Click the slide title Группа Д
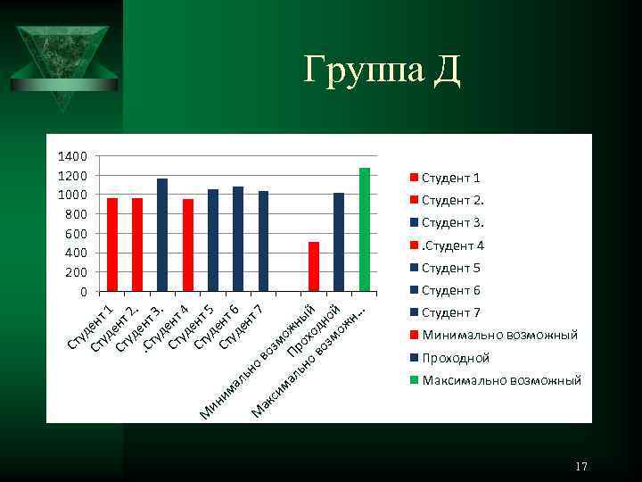382,70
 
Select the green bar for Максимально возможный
364,229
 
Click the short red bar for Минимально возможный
314,266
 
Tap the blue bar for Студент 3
162,235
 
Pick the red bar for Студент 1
112,245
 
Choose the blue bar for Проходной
339,242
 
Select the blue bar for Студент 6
238,238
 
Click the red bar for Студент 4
188,245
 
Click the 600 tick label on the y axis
75,234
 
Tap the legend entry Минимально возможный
498,335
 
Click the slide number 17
581,467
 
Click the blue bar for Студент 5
213,240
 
